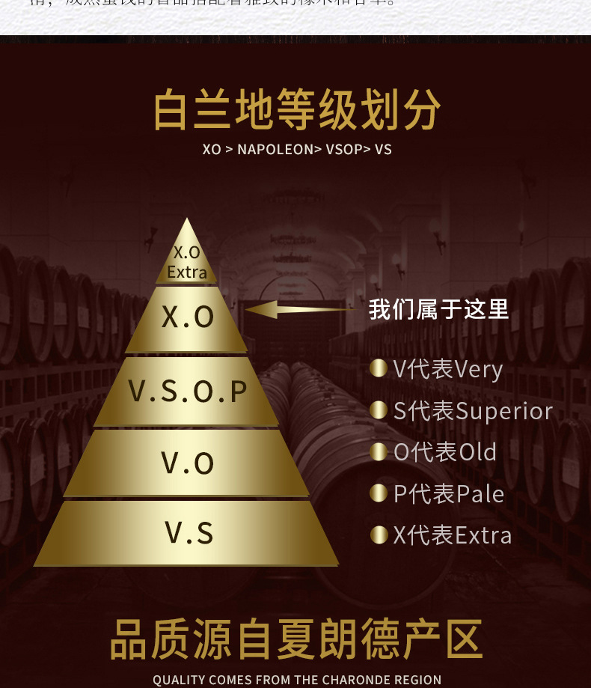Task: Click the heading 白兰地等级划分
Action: click(x=296, y=111)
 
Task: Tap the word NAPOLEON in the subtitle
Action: click(x=275, y=150)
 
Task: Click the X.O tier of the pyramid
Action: click(x=187, y=317)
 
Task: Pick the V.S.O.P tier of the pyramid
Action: click(x=187, y=391)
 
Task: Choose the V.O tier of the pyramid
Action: click(x=187, y=463)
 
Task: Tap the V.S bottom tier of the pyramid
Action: click(x=188, y=533)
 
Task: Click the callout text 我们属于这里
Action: click(x=438, y=309)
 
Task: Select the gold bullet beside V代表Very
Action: click(x=379, y=368)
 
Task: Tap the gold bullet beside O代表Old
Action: click(x=379, y=452)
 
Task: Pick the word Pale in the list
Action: click(x=480, y=494)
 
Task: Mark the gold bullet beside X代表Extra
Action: click(x=379, y=535)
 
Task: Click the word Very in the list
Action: click(x=479, y=370)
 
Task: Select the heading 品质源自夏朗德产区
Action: click(x=296, y=640)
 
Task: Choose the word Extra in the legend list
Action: click(x=483, y=535)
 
